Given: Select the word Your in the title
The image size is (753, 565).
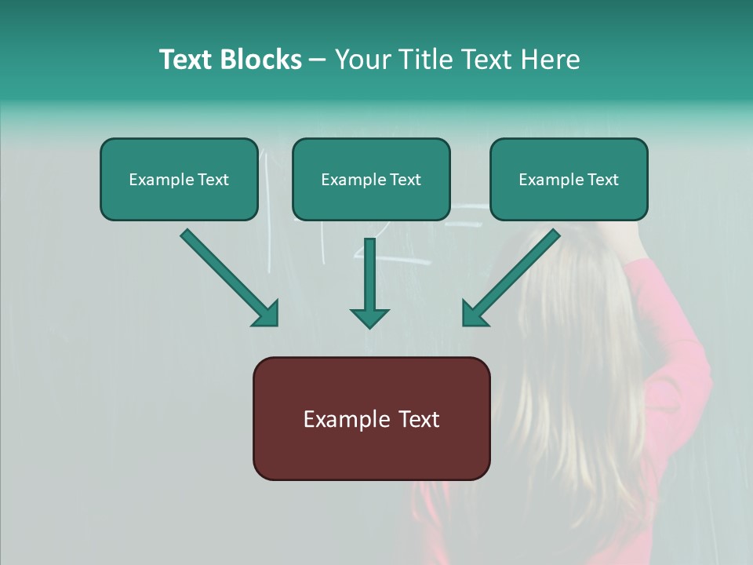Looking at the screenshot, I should [x=362, y=60].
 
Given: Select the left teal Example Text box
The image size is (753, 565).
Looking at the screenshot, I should [x=179, y=180].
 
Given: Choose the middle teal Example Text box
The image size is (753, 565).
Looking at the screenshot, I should [x=371, y=180].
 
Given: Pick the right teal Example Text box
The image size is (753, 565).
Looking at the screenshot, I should [x=569, y=180].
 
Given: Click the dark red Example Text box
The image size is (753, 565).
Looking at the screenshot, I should [x=371, y=418].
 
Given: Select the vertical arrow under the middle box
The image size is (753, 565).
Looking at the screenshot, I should [x=369, y=275].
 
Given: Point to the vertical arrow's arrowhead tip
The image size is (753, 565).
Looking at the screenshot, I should [x=369, y=326].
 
